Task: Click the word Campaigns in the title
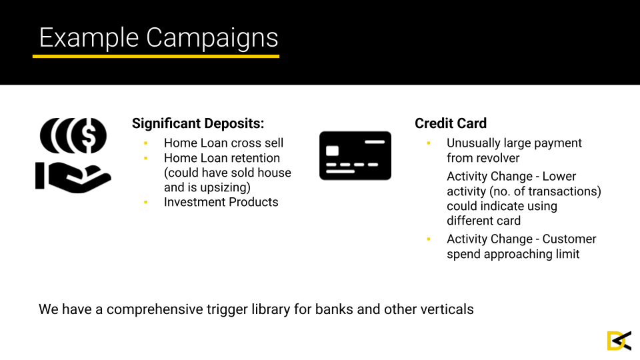click(212, 39)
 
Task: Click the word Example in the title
click(89, 39)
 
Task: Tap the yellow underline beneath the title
click(156, 56)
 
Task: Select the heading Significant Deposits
click(198, 123)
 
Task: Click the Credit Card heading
click(451, 123)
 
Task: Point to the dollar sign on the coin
click(89, 135)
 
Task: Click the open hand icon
click(73, 177)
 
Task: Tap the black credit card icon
click(355, 155)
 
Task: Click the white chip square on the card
click(332, 151)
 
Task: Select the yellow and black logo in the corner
click(619, 341)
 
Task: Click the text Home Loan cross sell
click(224, 143)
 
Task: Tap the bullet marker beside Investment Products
click(146, 202)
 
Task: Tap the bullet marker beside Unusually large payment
click(429, 143)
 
